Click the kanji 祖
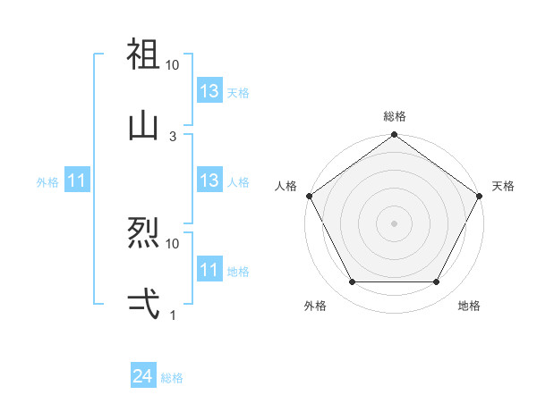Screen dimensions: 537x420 click(143, 55)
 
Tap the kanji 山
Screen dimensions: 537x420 click(143, 125)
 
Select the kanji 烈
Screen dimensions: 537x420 click(143, 232)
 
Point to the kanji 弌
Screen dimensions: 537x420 click(143, 304)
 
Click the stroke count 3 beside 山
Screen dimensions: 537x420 click(173, 136)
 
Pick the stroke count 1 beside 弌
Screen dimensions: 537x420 click(173, 315)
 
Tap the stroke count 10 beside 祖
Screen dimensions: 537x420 click(173, 65)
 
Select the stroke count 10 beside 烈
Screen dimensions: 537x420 click(173, 243)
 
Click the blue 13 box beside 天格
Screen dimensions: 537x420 click(209, 91)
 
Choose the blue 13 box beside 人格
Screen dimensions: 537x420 click(209, 181)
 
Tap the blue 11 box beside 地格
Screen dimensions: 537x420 click(209, 270)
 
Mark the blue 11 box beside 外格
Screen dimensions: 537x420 click(77, 181)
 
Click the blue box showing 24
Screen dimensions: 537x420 click(143, 377)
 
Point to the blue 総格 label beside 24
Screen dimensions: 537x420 click(172, 379)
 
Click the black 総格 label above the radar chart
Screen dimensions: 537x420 click(394, 116)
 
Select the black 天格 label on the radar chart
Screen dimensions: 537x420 click(503, 186)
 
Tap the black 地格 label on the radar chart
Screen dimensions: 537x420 click(469, 306)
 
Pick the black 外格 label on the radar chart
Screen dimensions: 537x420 click(315, 306)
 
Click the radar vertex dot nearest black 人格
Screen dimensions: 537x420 click(310, 196)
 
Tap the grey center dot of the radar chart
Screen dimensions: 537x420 click(394, 223)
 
